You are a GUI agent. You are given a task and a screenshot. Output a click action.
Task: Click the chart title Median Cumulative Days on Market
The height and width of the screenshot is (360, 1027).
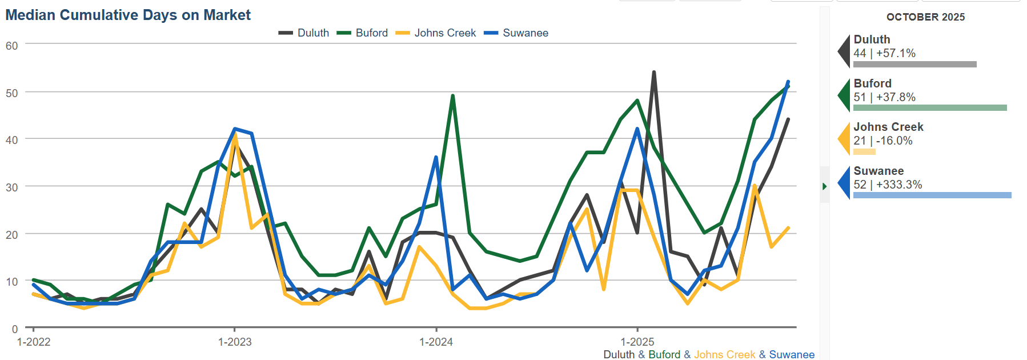point(128,15)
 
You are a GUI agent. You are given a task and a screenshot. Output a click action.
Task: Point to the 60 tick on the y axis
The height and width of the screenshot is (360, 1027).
point(12,46)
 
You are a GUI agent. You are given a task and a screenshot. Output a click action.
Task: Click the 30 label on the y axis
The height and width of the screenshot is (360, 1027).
point(12,187)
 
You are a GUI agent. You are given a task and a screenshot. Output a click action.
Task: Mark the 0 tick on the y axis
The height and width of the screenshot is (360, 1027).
point(15,329)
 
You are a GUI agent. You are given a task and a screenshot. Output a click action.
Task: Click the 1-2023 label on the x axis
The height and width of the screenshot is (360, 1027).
point(235,342)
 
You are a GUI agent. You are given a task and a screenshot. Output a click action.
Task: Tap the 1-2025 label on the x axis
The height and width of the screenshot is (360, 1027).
point(637,342)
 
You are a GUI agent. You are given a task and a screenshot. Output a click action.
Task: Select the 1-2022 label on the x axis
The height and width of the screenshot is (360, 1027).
point(34,342)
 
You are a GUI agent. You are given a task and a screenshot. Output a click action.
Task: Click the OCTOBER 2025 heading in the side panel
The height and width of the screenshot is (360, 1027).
point(925,17)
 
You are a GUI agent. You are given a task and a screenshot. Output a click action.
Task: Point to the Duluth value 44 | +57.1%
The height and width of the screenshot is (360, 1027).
point(884,53)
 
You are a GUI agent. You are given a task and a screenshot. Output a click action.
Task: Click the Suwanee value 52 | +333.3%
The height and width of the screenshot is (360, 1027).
point(888,185)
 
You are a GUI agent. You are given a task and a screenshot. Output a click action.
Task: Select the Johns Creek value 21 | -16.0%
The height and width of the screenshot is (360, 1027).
point(882,141)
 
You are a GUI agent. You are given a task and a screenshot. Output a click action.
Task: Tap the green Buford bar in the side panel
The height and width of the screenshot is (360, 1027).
point(929,107)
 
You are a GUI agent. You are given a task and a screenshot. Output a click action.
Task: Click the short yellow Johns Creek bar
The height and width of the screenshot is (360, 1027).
point(864,151)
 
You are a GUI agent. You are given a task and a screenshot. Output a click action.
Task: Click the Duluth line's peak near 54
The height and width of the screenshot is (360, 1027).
point(653,73)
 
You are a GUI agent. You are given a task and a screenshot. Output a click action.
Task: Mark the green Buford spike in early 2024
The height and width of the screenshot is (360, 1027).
point(452,96)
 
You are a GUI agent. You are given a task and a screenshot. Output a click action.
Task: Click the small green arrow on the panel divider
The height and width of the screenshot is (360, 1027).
point(824,186)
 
